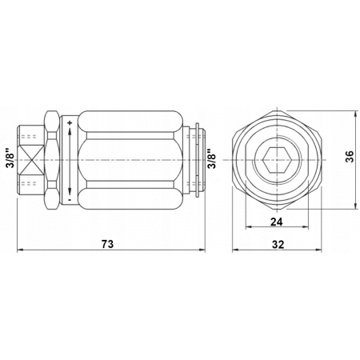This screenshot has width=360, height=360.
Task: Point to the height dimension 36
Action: pos(350,158)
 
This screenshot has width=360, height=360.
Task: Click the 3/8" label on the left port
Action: pos(9,158)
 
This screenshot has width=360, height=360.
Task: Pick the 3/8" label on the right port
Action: pos(211,158)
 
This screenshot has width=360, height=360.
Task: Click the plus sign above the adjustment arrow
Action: pos(70,122)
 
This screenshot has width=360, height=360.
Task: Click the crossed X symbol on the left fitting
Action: pos(30,158)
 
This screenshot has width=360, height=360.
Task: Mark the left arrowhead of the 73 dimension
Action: pos(20,251)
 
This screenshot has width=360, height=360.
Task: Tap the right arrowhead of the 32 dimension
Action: pos(322,251)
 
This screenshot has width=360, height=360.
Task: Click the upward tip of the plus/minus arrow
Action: pos(70,132)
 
